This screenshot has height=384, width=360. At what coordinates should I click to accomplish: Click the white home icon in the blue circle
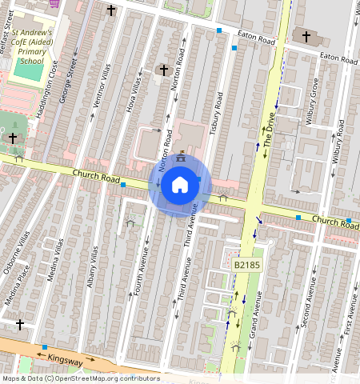pyautogui.click(x=180, y=185)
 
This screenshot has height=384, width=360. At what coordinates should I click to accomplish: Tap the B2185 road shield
pyautogui.click(x=247, y=264)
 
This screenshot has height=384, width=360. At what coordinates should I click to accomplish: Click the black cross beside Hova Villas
pyautogui.click(x=163, y=70)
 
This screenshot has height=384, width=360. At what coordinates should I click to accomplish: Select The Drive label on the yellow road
pyautogui.click(x=270, y=135)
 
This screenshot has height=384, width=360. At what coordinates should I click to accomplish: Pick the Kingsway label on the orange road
pyautogui.click(x=66, y=362)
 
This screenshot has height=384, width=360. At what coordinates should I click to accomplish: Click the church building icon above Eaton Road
pyautogui.click(x=304, y=36)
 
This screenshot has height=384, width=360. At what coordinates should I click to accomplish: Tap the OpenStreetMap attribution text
pyautogui.click(x=81, y=378)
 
